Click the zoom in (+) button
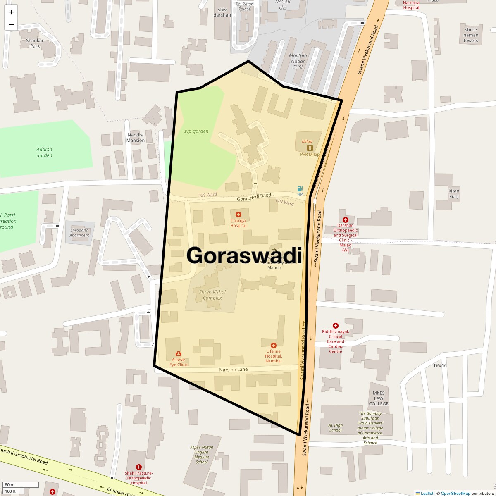click(x=11, y=12)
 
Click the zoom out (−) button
click(x=11, y=24)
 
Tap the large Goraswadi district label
click(x=244, y=255)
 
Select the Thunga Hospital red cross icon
click(x=238, y=215)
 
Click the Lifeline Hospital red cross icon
click(x=273, y=346)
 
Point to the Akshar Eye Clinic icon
click(x=178, y=353)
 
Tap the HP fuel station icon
click(x=300, y=189)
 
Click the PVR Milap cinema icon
click(x=310, y=148)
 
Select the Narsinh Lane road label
click(x=234, y=369)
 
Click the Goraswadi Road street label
click(x=254, y=197)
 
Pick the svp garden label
click(x=196, y=131)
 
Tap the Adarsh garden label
click(x=44, y=153)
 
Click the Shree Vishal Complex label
click(x=212, y=295)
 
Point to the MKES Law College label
click(x=379, y=398)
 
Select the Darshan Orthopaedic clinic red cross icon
click(x=346, y=220)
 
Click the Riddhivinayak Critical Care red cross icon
click(x=336, y=326)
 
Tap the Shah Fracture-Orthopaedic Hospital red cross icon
click(x=139, y=467)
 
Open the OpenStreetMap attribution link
click(x=455, y=493)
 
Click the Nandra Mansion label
click(x=136, y=138)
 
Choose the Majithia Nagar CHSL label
click(x=298, y=61)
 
